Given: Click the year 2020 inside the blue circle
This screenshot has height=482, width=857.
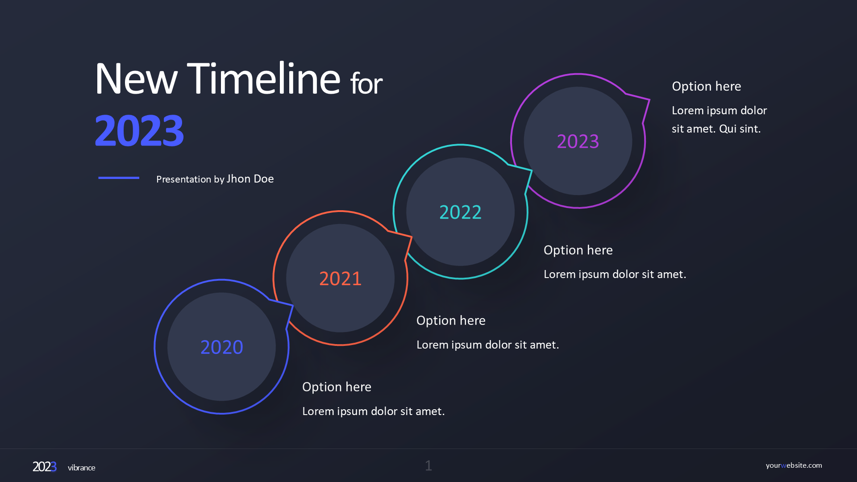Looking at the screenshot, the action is [x=222, y=347].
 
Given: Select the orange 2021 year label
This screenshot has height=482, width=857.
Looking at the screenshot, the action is [x=341, y=278].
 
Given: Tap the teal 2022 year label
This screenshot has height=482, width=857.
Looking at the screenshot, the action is [x=461, y=212].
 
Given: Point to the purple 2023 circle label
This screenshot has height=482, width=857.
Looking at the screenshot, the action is [x=578, y=141].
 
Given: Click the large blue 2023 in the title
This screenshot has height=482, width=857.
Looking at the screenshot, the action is [x=139, y=130].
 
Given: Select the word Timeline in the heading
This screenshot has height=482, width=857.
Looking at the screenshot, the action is [x=264, y=79].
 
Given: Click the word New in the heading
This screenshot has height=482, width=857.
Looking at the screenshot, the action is [x=136, y=79].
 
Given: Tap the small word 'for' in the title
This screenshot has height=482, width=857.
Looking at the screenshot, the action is [x=366, y=83].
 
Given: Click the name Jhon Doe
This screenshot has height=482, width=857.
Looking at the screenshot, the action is [x=250, y=179].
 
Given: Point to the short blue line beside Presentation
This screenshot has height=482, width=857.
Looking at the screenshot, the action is [x=119, y=178].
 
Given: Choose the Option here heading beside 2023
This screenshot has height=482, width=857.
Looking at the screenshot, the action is [x=707, y=87].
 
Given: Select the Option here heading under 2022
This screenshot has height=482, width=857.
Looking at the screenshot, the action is [x=578, y=250].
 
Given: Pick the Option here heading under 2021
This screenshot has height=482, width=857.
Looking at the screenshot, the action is [x=451, y=321].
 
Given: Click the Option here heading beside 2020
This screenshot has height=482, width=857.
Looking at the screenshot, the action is [x=337, y=387].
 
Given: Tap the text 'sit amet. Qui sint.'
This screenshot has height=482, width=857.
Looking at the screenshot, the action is [x=716, y=129].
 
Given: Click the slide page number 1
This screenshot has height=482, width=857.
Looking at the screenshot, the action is [x=428, y=466].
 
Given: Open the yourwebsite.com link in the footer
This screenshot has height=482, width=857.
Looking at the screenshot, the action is [x=794, y=465].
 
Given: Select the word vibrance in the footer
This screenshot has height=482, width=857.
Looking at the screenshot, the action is [x=82, y=468].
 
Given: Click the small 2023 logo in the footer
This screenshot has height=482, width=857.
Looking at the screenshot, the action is [x=45, y=467].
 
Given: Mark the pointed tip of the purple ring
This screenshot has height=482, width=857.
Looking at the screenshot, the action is [x=649, y=100].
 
